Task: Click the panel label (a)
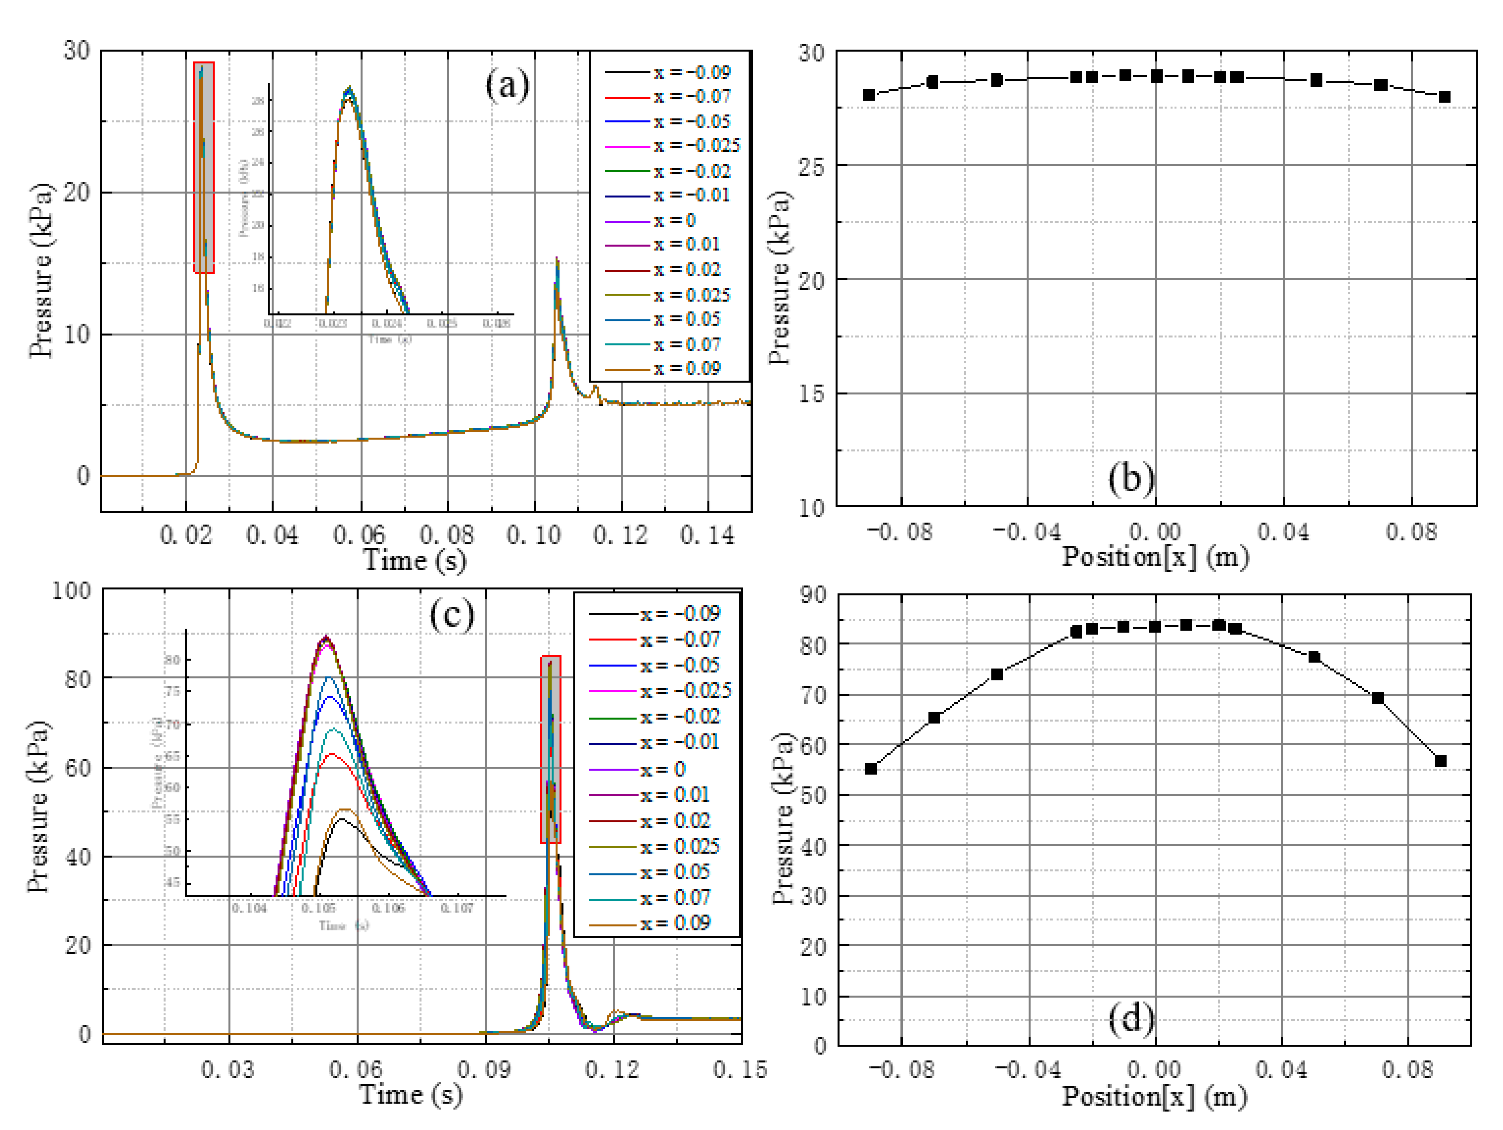[507, 87]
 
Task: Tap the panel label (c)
[451, 615]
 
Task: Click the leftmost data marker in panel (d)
[871, 768]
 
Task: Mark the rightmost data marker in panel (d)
[1440, 761]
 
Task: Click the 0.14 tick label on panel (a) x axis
[707, 536]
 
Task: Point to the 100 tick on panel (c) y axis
[71, 590]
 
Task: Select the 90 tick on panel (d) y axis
[813, 595]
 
